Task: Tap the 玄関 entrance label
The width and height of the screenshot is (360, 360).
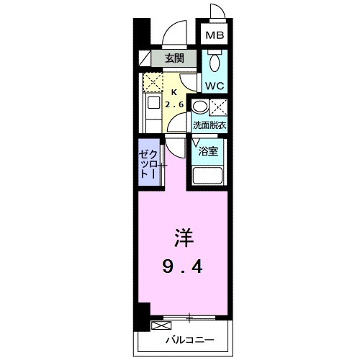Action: coord(174,58)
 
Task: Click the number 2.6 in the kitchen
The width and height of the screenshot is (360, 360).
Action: coord(174,105)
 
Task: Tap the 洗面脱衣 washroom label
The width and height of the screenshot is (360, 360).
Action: coord(210,125)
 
